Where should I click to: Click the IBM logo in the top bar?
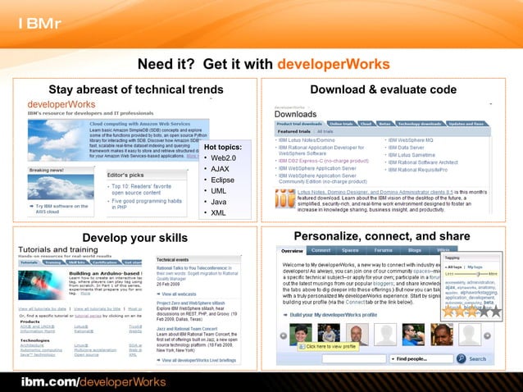point(38,21)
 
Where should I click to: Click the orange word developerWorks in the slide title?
point(333,65)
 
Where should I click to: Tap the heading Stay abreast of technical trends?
point(136,89)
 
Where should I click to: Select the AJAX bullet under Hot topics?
point(220,169)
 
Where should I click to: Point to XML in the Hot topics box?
point(218,212)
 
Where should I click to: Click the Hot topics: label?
point(222,147)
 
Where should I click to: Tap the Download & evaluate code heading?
point(383,89)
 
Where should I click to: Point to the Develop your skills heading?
point(135,238)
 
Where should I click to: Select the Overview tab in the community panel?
point(293,250)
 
